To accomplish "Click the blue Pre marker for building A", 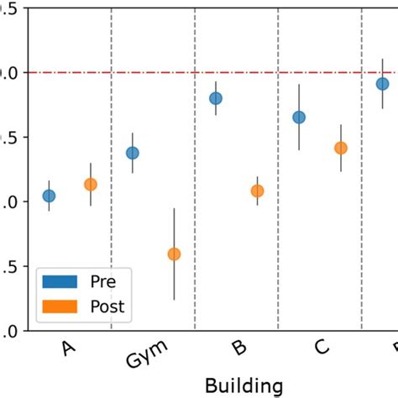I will (x=49, y=196).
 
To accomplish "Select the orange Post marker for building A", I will (x=90, y=184).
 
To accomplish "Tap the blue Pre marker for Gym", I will (x=132, y=153).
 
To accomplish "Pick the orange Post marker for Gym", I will (x=174, y=254).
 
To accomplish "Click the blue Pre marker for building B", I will (x=216, y=98).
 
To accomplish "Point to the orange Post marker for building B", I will (x=257, y=191).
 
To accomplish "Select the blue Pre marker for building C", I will (x=299, y=117).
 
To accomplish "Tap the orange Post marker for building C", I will (x=340, y=148).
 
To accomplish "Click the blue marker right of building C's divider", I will (x=382, y=83).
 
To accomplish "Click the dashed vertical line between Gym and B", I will (x=195, y=210).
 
